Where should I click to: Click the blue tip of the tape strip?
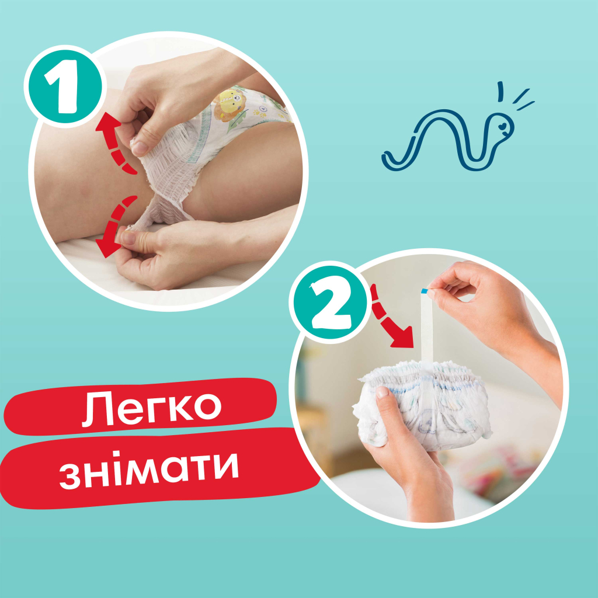[x=425, y=290]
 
